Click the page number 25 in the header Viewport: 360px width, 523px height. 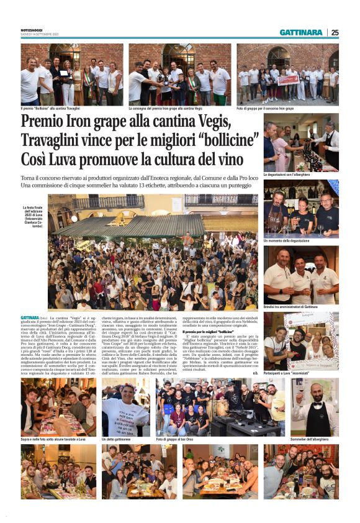coord(335,32)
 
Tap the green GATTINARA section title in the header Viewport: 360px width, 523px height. coord(301,32)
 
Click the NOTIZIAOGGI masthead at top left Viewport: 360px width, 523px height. coord(32,30)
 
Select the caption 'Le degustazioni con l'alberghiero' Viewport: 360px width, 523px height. coord(290,175)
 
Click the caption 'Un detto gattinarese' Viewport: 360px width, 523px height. coord(118,439)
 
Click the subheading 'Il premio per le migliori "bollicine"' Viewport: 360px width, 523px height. coord(212,332)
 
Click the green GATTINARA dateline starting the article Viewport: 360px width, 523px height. coord(30,317)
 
